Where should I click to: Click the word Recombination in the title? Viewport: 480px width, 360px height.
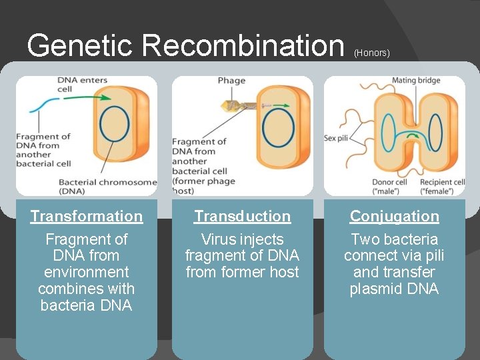tap(243, 45)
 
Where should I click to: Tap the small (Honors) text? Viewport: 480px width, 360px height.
tap(371, 53)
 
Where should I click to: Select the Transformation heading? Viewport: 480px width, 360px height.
tap(87, 216)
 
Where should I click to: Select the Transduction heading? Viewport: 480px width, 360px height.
tap(242, 216)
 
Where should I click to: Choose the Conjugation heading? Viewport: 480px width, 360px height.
tap(394, 216)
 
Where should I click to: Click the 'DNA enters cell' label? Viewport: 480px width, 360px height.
tap(82, 85)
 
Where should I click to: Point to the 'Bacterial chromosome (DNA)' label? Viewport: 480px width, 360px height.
tap(107, 186)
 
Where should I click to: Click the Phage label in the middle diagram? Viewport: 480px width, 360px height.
tap(231, 81)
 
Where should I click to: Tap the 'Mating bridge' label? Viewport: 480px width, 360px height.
tap(416, 81)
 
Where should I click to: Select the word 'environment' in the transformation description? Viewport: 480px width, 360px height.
tap(86, 272)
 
